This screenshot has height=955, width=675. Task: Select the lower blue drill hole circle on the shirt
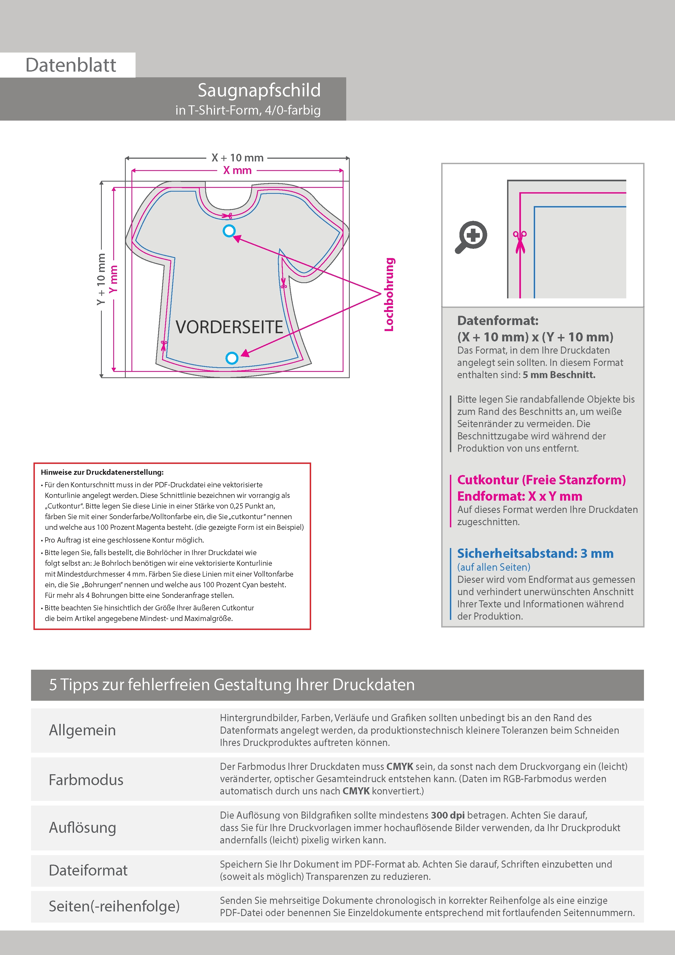click(x=232, y=358)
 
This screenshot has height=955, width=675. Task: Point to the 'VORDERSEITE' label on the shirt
click(x=229, y=327)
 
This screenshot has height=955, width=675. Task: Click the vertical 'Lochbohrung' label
click(x=389, y=295)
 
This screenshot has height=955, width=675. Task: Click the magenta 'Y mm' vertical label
click(x=113, y=279)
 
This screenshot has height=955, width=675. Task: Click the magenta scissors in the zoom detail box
click(x=520, y=241)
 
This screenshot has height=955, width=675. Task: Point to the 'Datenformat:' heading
click(x=498, y=321)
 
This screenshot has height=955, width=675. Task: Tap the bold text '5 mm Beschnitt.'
click(x=559, y=375)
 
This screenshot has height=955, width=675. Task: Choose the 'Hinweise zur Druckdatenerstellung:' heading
click(x=102, y=472)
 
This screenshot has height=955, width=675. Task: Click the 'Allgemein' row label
click(x=82, y=730)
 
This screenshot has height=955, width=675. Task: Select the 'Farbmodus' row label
click(x=86, y=779)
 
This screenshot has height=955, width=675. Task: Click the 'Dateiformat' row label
click(x=88, y=870)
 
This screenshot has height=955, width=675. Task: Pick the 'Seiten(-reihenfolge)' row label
click(x=114, y=906)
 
